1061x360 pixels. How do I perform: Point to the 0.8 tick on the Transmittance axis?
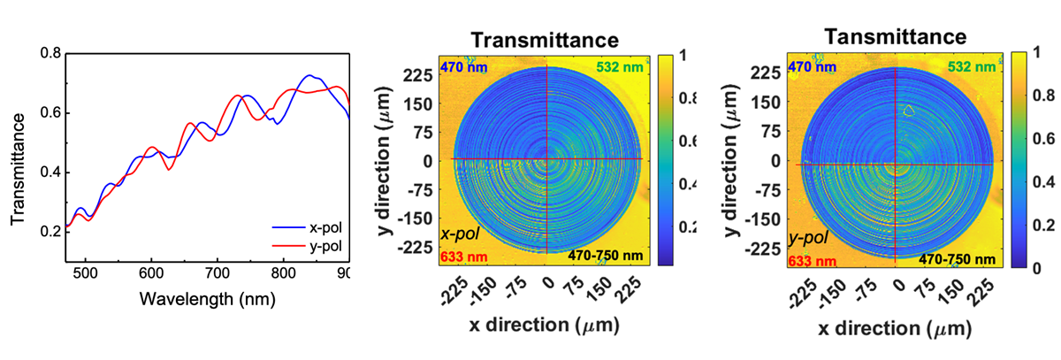[x=50, y=54]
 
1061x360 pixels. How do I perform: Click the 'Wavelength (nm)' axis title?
[x=207, y=298]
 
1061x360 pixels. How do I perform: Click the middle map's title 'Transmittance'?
[x=543, y=40]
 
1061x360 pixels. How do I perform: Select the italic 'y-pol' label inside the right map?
[x=809, y=237]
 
